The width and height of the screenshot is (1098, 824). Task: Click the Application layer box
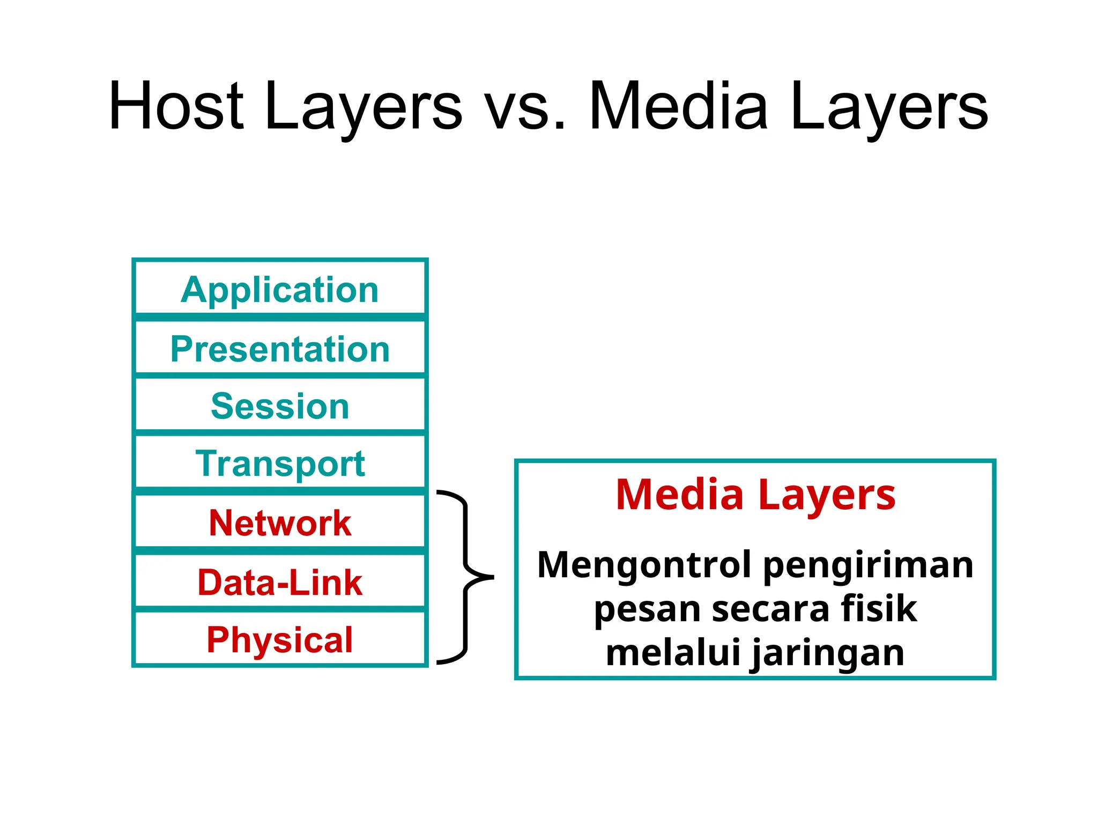click(279, 290)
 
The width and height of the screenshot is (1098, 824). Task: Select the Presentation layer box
click(279, 349)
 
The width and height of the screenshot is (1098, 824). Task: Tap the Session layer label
click(279, 406)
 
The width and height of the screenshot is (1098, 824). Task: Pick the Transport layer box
click(279, 464)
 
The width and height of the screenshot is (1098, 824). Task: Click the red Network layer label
click(279, 523)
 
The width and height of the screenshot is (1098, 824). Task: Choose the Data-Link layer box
click(279, 583)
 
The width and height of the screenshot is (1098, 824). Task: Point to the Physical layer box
click(279, 639)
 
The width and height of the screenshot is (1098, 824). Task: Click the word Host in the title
click(176, 106)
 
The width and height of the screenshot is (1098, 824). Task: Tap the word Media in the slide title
click(678, 106)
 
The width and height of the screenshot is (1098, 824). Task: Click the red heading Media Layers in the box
click(755, 495)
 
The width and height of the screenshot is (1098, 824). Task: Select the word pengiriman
click(868, 565)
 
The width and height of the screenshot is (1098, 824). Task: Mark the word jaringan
click(828, 652)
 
